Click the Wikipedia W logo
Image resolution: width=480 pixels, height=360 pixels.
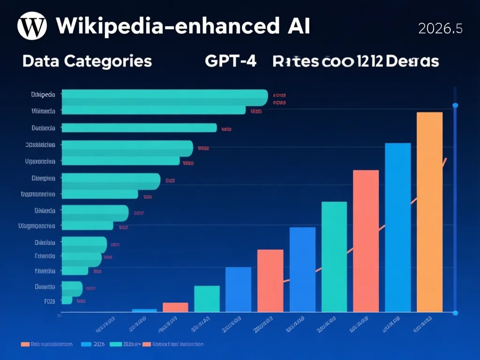[32, 27]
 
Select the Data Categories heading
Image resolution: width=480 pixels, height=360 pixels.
[87, 61]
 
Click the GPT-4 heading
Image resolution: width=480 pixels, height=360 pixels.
[231, 61]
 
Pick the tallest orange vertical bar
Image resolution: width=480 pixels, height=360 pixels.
[429, 212]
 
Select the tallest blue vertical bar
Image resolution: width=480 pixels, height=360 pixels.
[397, 227]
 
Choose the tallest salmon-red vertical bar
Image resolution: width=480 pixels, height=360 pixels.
[366, 241]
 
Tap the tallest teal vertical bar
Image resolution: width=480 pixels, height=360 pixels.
[334, 257]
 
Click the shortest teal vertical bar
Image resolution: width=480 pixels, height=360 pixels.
[207, 299]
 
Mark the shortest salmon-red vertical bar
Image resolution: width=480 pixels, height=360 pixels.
[175, 307]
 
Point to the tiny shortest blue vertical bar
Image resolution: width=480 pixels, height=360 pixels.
[144, 310]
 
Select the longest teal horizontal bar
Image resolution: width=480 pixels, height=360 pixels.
[164, 97]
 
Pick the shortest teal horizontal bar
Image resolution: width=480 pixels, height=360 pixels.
[67, 300]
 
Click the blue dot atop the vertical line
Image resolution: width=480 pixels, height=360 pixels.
[455, 105]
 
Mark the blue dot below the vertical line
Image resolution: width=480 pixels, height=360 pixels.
[455, 313]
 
